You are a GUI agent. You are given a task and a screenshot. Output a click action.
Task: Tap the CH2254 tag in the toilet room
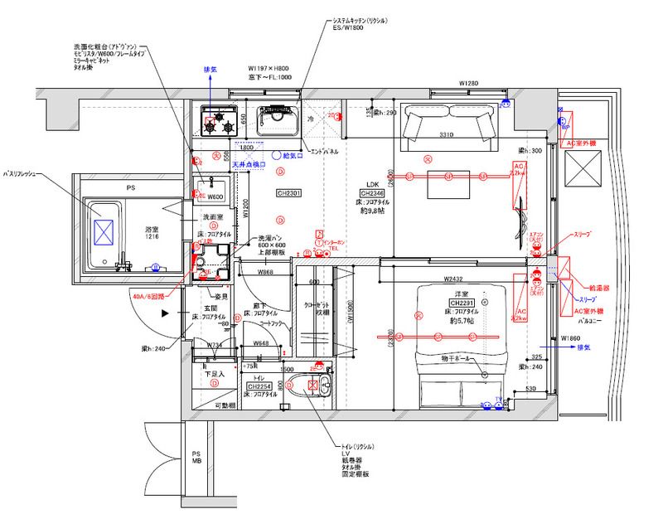260,387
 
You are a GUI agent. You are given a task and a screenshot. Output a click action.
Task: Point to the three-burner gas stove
218,123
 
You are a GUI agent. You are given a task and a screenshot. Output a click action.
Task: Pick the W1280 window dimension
470,84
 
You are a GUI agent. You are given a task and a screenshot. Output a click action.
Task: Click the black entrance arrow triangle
167,313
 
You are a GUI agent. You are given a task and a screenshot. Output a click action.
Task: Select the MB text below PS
196,462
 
